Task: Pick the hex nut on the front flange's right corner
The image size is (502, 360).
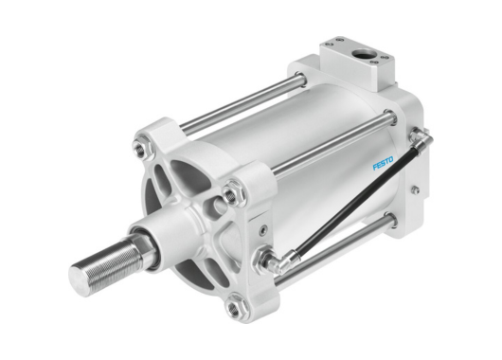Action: coord(232,196)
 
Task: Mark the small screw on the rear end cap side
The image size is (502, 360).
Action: coord(414,190)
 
